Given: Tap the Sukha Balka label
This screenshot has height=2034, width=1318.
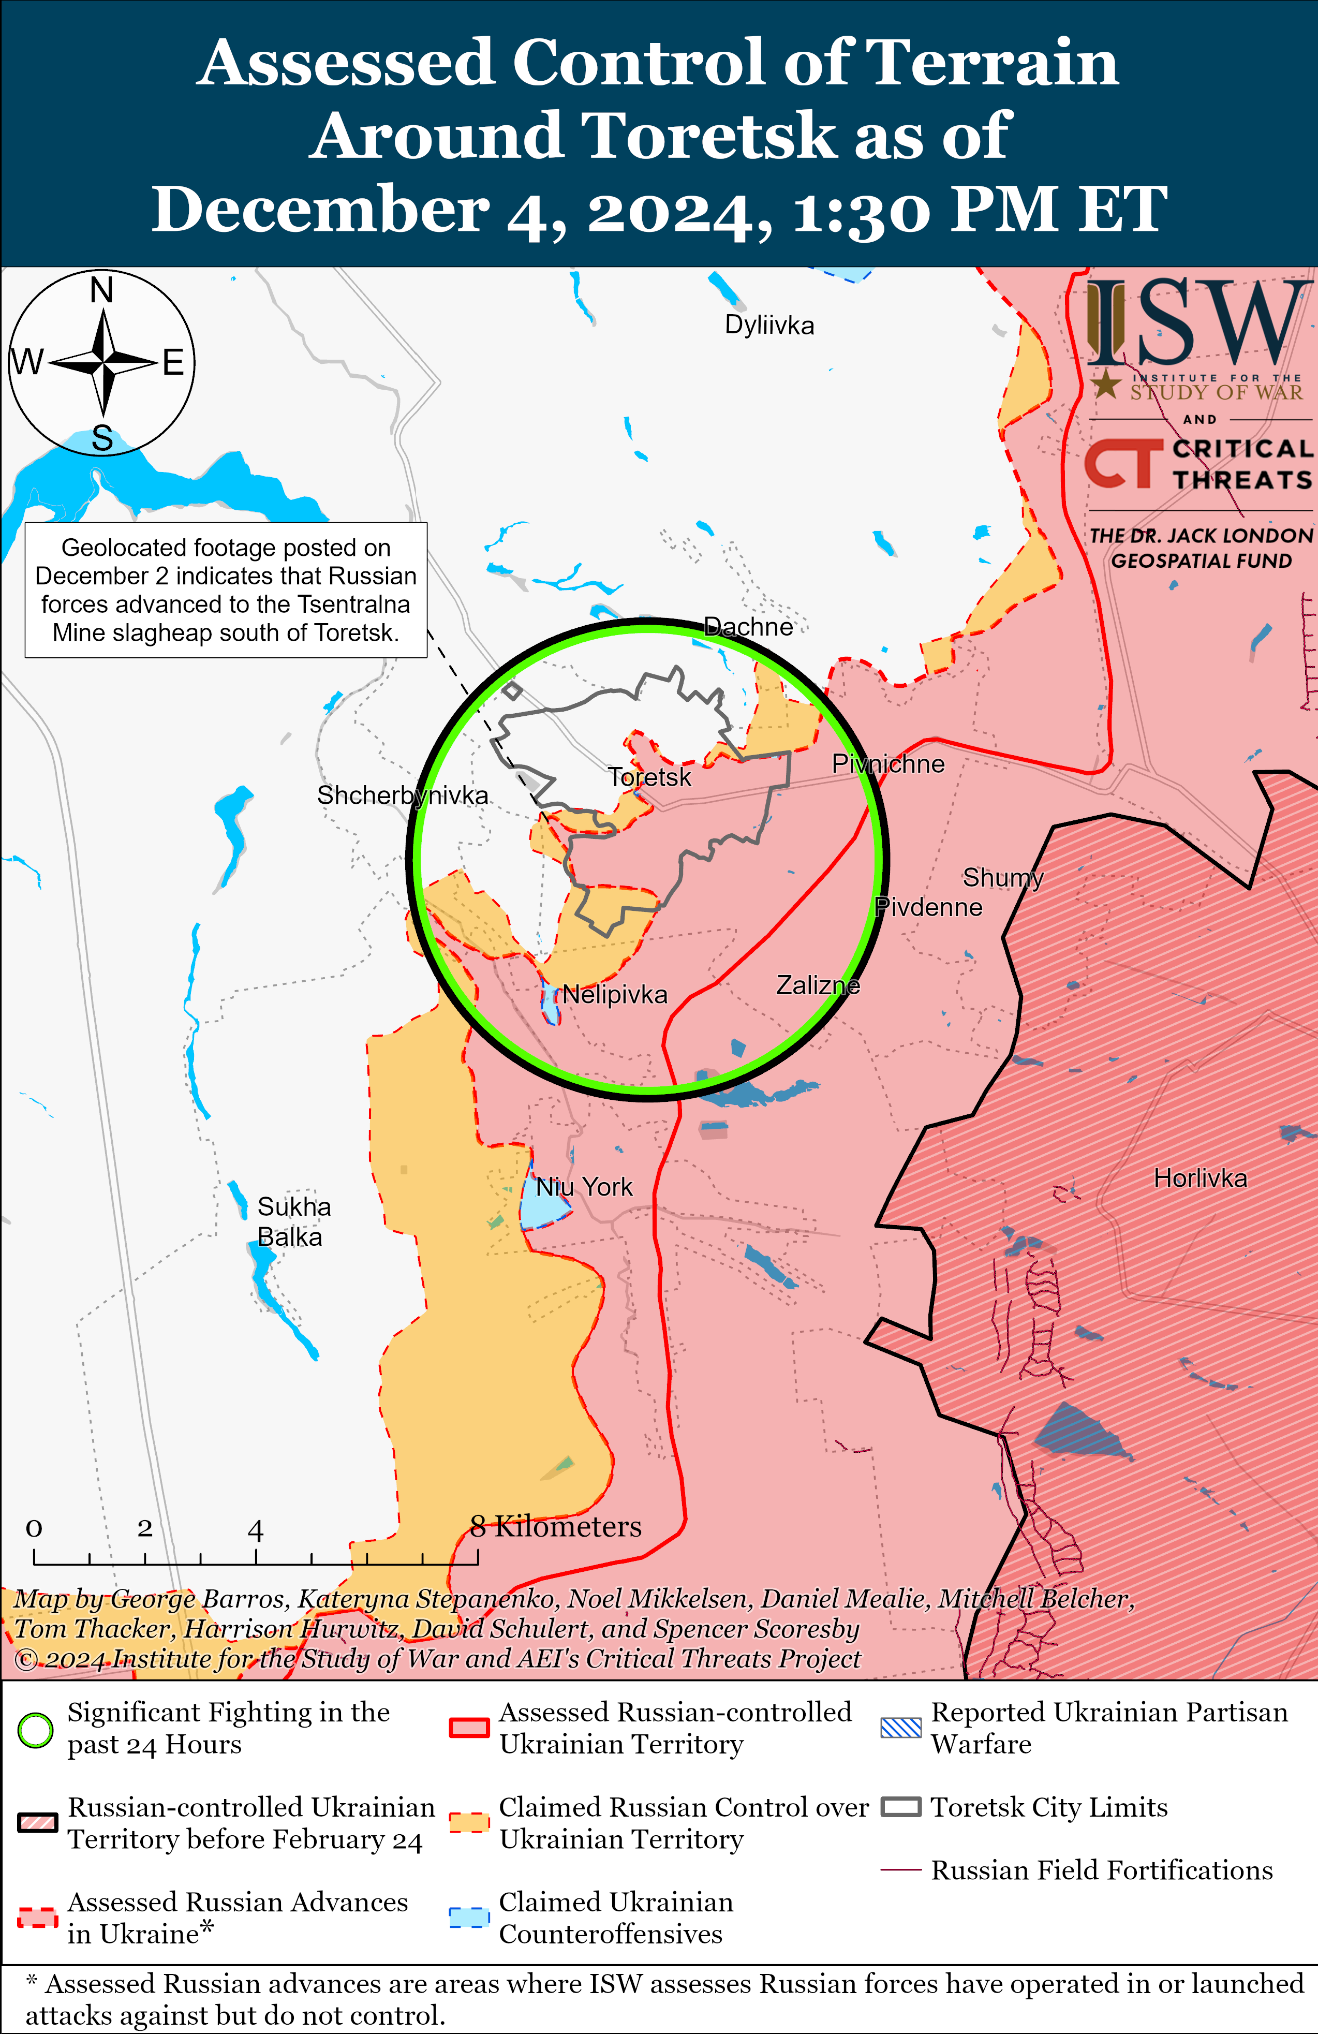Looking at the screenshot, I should (293, 1221).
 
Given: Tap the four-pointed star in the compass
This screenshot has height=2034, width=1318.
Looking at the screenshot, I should (102, 363).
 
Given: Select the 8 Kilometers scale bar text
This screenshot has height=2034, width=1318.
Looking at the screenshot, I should (556, 1526).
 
